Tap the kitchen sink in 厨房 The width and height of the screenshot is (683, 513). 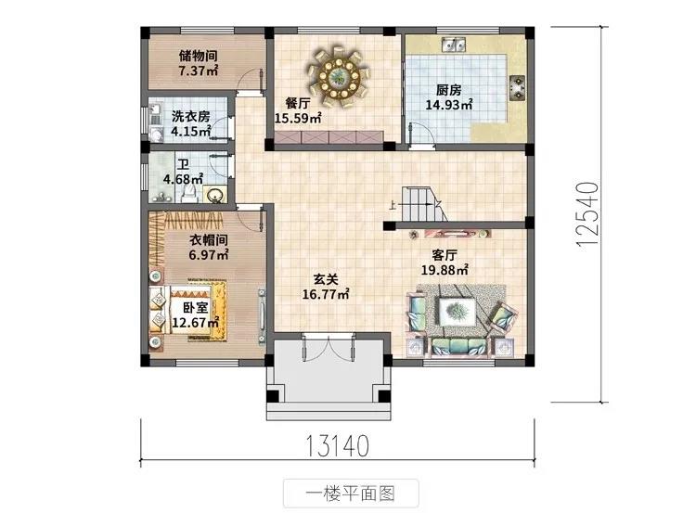[454, 44]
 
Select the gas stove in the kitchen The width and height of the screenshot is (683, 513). [518, 87]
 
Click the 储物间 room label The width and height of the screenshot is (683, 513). [199, 57]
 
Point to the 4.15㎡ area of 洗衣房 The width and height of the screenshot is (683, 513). [191, 131]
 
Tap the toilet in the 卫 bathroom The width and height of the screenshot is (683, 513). [189, 194]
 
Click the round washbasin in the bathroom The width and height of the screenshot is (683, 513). [215, 194]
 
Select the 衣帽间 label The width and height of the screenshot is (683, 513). [209, 240]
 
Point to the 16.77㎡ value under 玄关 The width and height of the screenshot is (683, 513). [326, 294]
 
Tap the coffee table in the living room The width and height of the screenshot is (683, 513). [457, 312]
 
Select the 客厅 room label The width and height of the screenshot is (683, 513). [445, 255]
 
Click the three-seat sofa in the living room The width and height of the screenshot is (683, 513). [459, 347]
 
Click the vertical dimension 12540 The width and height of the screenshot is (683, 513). [586, 214]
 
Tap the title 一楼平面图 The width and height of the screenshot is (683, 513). [351, 494]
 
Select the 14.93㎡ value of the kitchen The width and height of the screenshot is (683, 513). [449, 105]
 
